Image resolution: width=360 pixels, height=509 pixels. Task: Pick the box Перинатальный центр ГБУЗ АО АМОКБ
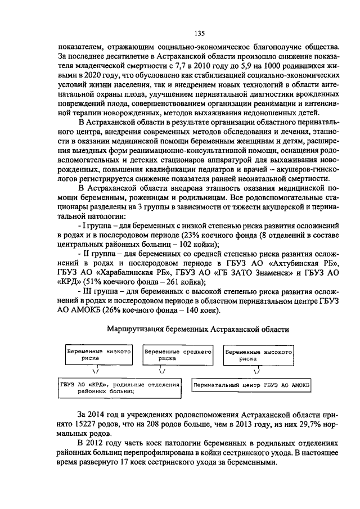253,385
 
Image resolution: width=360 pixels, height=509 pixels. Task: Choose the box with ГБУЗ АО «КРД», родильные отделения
119,385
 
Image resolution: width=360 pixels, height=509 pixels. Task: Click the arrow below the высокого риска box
256,371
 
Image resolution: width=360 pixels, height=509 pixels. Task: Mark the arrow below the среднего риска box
162,371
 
